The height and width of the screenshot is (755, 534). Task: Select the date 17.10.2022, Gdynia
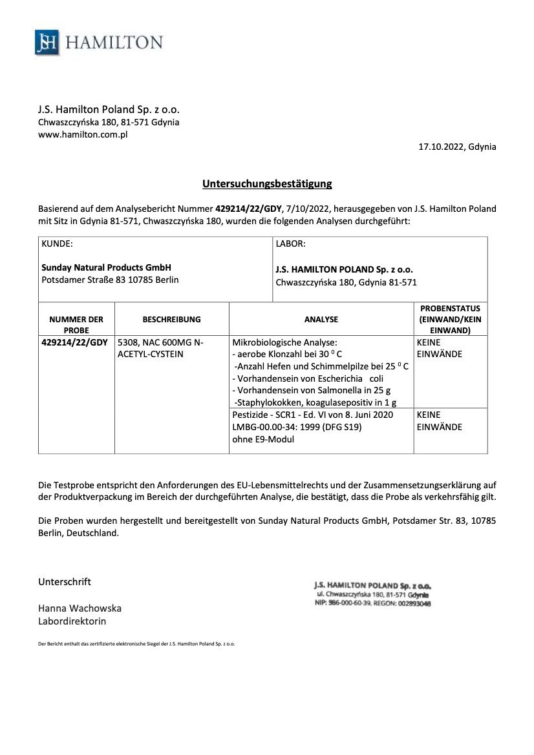458,147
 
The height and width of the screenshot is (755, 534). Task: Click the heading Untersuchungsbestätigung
267,184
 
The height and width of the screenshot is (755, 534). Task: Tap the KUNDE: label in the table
58,244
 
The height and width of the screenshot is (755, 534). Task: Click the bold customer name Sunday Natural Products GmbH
106,267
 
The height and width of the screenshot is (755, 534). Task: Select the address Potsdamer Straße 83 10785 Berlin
110,280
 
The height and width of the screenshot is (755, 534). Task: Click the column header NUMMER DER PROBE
76,324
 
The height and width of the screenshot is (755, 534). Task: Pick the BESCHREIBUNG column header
171,319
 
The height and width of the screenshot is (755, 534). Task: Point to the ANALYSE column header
321,319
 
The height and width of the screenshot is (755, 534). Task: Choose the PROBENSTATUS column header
451,319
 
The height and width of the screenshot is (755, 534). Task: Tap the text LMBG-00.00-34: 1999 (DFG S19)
296,427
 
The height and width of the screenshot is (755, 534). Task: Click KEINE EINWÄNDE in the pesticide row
440,420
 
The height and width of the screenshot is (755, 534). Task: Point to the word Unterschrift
65,581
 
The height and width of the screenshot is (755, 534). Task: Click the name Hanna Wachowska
80,608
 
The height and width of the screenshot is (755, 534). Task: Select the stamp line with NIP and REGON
373,603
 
